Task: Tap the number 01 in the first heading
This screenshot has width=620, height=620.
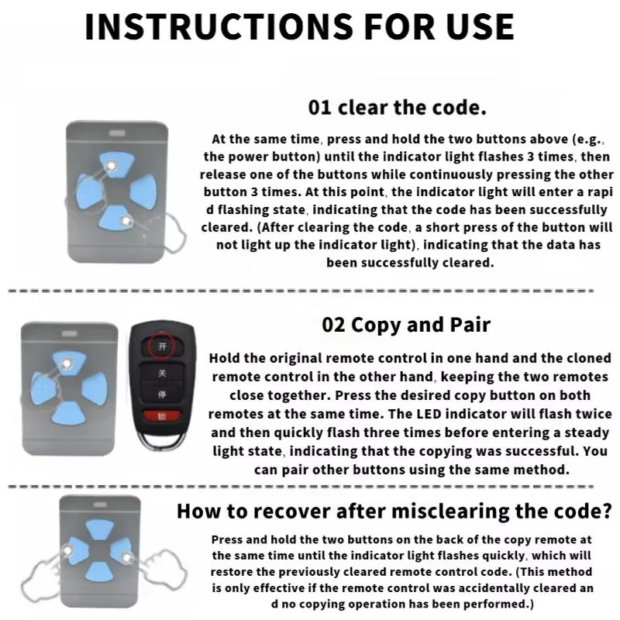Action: tap(319, 108)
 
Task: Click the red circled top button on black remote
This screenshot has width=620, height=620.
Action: tap(162, 346)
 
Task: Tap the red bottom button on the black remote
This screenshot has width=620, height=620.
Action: tap(162, 416)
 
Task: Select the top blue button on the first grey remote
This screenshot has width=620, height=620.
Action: tap(117, 163)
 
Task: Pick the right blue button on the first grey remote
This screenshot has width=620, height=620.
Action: tap(145, 191)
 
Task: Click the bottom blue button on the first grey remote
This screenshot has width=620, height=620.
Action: tap(115, 219)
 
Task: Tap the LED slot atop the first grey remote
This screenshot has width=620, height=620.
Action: tap(117, 133)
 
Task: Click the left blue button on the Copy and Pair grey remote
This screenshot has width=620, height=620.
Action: tap(43, 388)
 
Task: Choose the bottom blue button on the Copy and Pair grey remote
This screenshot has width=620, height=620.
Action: tap(68, 414)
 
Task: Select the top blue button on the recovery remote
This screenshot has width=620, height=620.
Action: tap(100, 529)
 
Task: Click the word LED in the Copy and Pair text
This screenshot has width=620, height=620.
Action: tap(429, 414)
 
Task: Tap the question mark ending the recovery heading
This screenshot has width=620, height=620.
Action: tap(608, 511)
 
